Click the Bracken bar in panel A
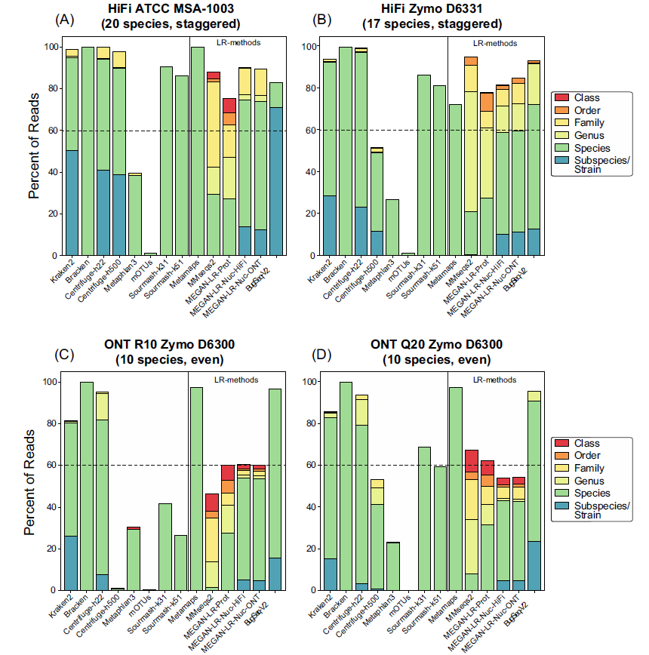(88, 151)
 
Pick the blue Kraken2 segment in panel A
(72, 203)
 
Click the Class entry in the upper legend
(586, 98)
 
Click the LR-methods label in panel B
(494, 44)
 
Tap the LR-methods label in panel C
(236, 380)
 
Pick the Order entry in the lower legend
(586, 456)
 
